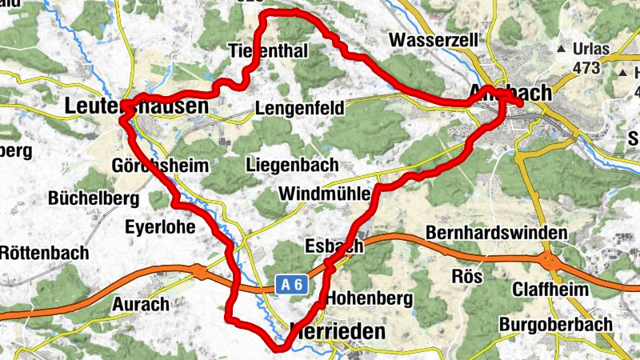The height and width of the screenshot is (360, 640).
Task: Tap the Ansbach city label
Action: pyautogui.click(x=512, y=94)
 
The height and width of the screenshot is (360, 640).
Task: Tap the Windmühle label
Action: pyautogui.click(x=323, y=194)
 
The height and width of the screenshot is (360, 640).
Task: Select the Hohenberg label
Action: pyautogui.click(x=370, y=298)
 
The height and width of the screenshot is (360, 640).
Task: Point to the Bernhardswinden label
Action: pyautogui.click(x=497, y=234)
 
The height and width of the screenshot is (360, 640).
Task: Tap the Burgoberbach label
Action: pyautogui.click(x=555, y=325)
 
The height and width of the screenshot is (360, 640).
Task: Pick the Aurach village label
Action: pyautogui.click(x=141, y=304)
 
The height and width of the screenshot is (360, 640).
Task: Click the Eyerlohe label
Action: pyautogui.click(x=160, y=226)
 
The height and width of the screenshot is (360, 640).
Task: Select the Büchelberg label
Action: pyautogui.click(x=94, y=198)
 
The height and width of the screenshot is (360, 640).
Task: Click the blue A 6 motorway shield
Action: pyautogui.click(x=292, y=283)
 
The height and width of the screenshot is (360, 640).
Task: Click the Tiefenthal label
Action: pyautogui.click(x=268, y=50)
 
